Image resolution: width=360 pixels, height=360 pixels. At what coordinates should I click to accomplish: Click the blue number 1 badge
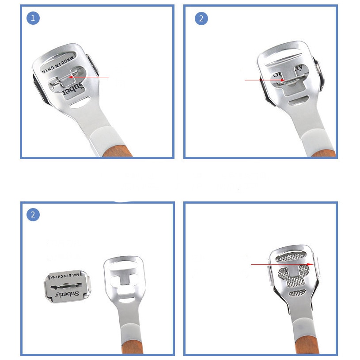click(x=34, y=19)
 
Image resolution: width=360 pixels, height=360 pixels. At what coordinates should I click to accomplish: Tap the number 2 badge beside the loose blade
click(x=34, y=215)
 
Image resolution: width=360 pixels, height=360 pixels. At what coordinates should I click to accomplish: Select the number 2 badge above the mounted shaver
click(x=201, y=19)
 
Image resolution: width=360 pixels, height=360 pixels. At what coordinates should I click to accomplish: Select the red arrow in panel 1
click(x=88, y=77)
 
